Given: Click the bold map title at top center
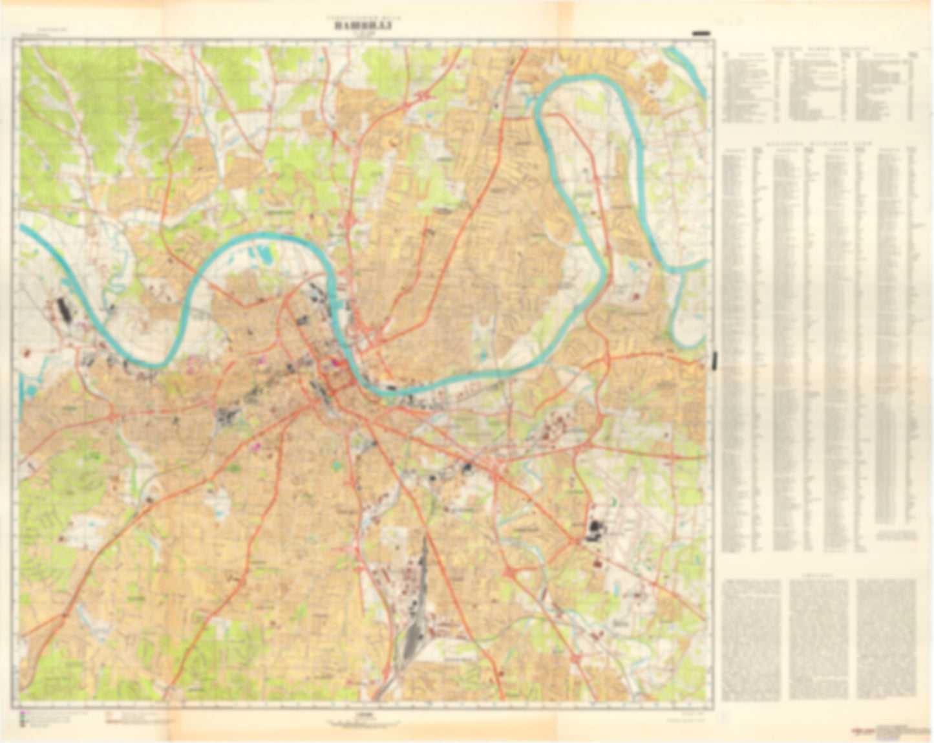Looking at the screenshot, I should (x=363, y=27).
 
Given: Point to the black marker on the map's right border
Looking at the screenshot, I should (x=715, y=360).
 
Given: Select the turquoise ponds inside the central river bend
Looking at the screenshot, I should (x=266, y=256).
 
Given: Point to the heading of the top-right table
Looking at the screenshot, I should (x=818, y=49).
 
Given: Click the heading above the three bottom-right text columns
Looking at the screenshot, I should (x=818, y=574).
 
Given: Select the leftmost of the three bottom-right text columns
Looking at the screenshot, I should (x=751, y=639).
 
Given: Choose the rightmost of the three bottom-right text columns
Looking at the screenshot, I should (x=886, y=639).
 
